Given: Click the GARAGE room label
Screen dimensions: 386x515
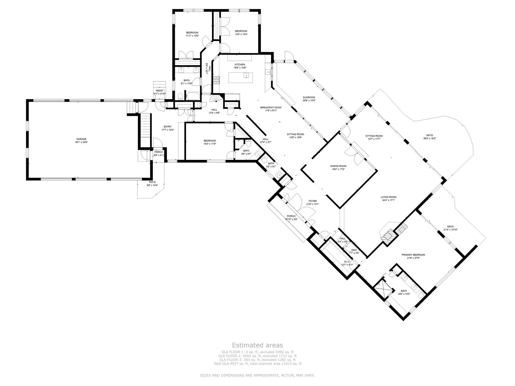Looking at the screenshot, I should pyautogui.click(x=81, y=139).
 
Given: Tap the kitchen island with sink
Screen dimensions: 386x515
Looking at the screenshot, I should pyautogui.click(x=240, y=77).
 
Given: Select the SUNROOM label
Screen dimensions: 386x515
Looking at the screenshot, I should pyautogui.click(x=309, y=97).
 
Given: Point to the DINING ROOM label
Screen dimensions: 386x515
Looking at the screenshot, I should pyautogui.click(x=338, y=166).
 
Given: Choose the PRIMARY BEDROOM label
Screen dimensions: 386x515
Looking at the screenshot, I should pyautogui.click(x=413, y=255).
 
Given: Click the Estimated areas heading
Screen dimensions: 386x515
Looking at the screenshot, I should pyautogui.click(x=257, y=345).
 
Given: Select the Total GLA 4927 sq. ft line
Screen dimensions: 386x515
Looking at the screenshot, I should pyautogui.click(x=257, y=363).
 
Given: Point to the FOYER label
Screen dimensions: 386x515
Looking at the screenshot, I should pyautogui.click(x=313, y=201).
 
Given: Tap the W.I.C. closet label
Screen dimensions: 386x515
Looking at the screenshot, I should pyautogui.click(x=347, y=262).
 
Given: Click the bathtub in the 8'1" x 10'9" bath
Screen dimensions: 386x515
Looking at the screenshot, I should pyautogui.click(x=193, y=96).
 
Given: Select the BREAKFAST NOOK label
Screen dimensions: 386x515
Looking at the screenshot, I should pyautogui.click(x=271, y=107).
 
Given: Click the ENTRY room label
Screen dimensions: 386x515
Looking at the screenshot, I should pyautogui.click(x=167, y=127).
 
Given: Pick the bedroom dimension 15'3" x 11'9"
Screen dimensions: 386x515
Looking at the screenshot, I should pyautogui.click(x=210, y=144).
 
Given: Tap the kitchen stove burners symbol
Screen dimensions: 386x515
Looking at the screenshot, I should pyautogui.click(x=216, y=80).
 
